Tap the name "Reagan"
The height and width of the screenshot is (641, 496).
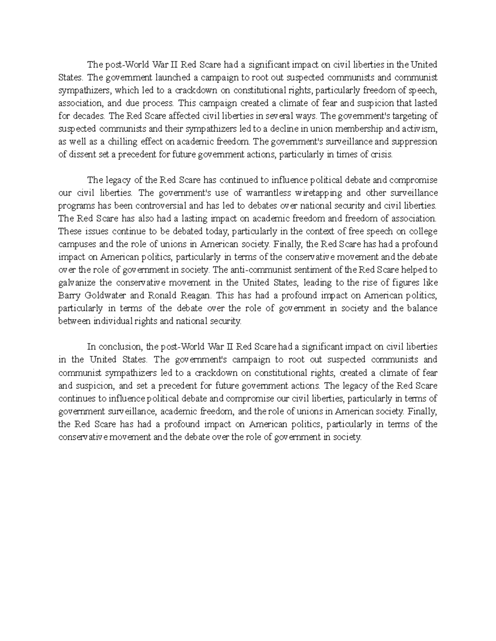[x=194, y=296]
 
